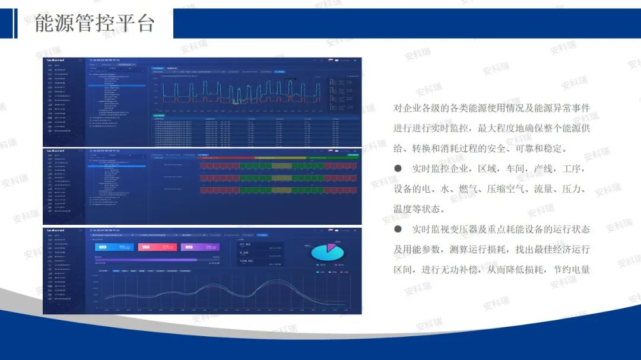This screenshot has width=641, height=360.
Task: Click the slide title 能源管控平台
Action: click(x=95, y=23)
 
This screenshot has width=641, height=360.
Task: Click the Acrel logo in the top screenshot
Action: click(x=57, y=60)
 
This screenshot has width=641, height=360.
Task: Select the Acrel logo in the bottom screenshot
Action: click(x=57, y=230)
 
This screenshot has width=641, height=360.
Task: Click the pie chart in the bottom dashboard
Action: click(x=328, y=252)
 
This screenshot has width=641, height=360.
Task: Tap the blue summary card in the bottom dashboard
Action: click(x=114, y=247)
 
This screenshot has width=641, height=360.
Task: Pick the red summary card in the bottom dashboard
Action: click(x=157, y=247)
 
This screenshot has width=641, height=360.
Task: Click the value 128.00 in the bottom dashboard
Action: click(x=247, y=261)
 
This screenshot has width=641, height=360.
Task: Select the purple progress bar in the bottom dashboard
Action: click(x=145, y=260)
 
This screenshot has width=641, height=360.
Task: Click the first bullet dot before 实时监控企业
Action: click(x=398, y=169)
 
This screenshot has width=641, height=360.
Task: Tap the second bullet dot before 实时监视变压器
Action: click(x=398, y=229)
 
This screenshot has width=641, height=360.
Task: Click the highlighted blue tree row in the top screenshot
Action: click(x=117, y=86)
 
